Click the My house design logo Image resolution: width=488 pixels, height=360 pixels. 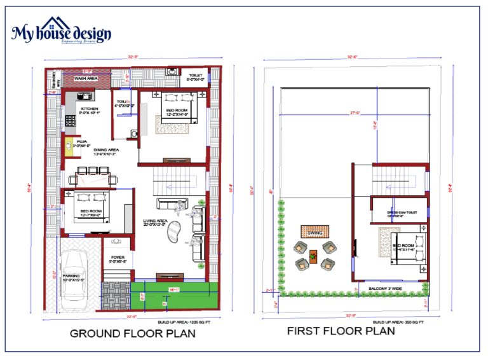coord(61,32)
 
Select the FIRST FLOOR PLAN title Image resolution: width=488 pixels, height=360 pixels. coord(341,331)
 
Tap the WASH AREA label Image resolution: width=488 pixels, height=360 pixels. coord(85,78)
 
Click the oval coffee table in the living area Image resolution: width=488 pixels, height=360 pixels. coord(173,234)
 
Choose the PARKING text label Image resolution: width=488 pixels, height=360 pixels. coord(71,277)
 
